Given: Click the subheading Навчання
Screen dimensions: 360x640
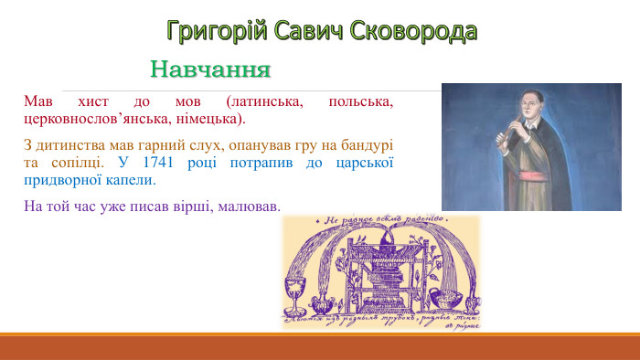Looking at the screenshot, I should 211,69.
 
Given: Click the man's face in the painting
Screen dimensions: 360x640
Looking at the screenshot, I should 519,104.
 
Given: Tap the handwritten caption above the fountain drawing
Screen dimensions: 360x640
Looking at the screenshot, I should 380,220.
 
